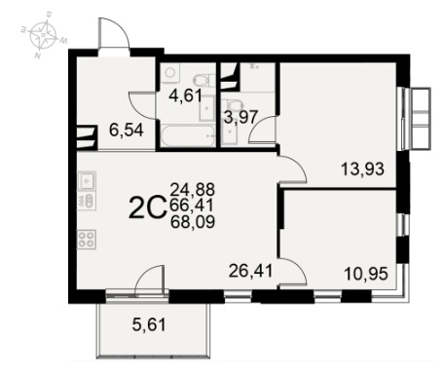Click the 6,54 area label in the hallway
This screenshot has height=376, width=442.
coord(127,131)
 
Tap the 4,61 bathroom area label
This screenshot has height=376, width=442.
coord(186,95)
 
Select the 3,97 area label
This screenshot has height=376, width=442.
coord(240,117)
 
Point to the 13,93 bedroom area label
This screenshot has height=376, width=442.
coord(362,169)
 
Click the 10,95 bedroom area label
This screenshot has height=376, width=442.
coord(366,274)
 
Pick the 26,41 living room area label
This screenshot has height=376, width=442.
coord(250,271)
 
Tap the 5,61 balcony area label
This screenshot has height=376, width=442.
coord(149,324)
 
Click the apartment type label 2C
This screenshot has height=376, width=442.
coord(147,208)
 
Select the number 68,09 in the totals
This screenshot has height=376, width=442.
coord(193,222)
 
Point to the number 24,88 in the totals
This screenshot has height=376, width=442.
coord(193,189)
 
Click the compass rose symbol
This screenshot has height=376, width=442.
coord(44,34)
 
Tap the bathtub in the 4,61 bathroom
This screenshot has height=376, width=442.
coord(188,135)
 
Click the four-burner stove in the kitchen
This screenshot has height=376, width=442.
coord(87,240)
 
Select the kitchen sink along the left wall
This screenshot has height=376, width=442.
coord(87,179)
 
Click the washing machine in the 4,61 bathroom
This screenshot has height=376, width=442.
coord(169,72)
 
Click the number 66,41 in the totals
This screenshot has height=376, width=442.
coord(192,206)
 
